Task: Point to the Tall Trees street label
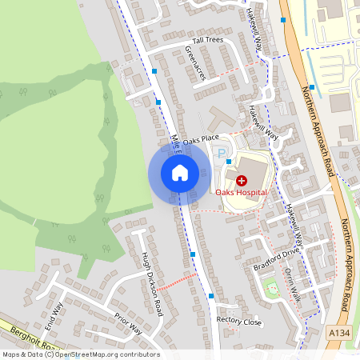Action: pyautogui.click(x=208, y=40)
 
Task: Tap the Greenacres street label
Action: pyautogui.click(x=195, y=62)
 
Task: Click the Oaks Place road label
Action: pyautogui.click(x=200, y=139)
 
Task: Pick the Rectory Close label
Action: pyautogui.click(x=239, y=321)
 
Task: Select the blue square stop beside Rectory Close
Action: pyautogui.click(x=211, y=296)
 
